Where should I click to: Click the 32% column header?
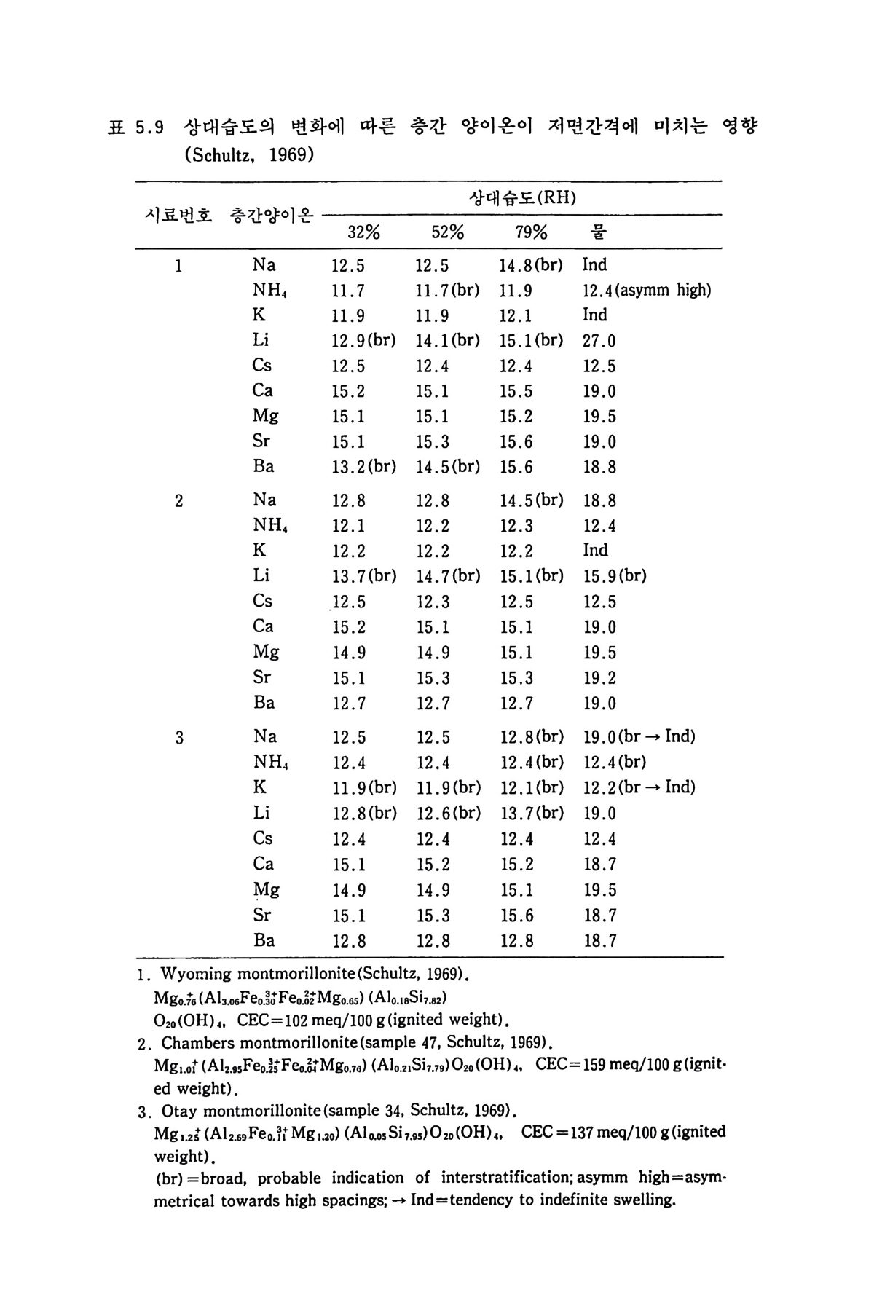363,232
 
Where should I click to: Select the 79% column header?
531,232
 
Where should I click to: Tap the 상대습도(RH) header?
522,197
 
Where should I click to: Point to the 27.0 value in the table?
599,341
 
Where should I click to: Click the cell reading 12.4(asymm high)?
647,291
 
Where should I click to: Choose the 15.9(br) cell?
615,576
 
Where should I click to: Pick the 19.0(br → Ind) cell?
639,736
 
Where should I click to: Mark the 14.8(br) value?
530,265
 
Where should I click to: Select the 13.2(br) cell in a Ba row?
363,467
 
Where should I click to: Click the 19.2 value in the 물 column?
599,678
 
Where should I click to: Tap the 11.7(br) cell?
447,291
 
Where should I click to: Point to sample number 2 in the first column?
179,501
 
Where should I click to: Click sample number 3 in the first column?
179,738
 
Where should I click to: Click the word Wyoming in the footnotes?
195,974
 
